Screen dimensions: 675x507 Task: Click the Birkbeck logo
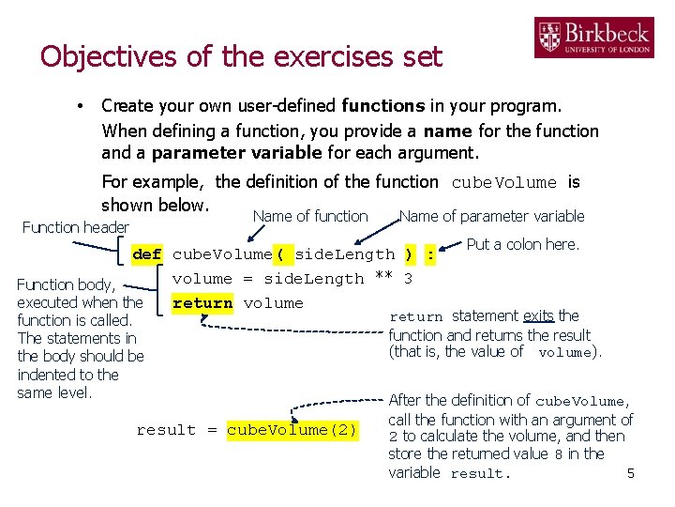(x=593, y=38)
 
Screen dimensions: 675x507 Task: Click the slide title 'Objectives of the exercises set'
(x=241, y=56)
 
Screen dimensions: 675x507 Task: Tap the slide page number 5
(x=631, y=473)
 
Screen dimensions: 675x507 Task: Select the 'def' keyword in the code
(x=147, y=254)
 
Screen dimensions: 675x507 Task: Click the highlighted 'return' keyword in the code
(x=202, y=303)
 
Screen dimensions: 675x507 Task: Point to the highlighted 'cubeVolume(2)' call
(x=292, y=430)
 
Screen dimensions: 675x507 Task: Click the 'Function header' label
(x=75, y=227)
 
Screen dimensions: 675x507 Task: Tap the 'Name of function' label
(x=310, y=216)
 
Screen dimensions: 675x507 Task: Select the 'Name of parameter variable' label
(x=491, y=216)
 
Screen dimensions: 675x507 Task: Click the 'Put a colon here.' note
(x=523, y=245)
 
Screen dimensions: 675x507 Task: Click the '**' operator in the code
(x=382, y=279)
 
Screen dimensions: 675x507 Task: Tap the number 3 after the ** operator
(x=408, y=279)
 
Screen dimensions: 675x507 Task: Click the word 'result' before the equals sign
(x=166, y=430)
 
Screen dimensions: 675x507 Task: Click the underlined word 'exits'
(x=538, y=316)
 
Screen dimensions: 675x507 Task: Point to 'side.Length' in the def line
(x=345, y=254)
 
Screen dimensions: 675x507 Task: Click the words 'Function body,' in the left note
(x=66, y=284)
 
